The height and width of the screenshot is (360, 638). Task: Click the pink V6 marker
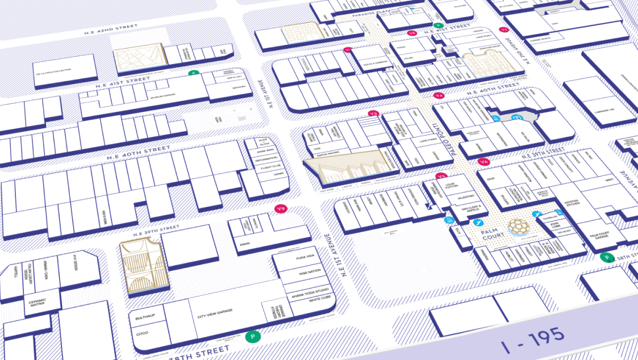point(483,162)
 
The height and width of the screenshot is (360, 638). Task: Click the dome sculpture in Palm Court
point(517,226)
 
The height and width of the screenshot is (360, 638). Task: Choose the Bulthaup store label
point(144,314)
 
